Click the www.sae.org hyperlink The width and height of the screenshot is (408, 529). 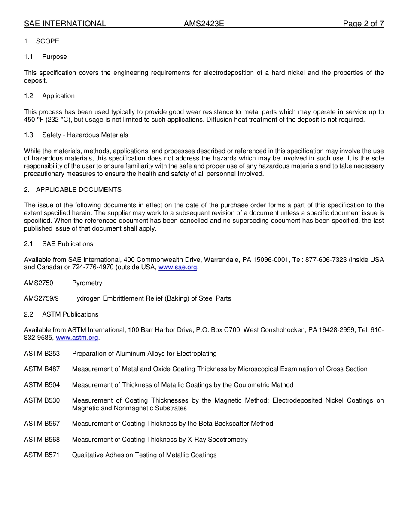click(177, 268)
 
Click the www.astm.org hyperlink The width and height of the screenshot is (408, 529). click(77, 338)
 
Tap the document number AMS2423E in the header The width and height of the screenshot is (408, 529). click(204, 24)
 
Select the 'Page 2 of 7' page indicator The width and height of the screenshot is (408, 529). click(363, 24)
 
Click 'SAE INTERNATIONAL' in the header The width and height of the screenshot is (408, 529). click(65, 24)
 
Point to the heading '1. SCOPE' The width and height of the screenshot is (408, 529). click(42, 41)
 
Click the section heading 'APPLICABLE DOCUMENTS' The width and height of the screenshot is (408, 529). click(79, 190)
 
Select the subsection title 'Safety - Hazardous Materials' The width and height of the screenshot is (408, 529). click(85, 135)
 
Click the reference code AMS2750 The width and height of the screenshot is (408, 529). click(39, 283)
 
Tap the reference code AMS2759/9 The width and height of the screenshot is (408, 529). click(41, 298)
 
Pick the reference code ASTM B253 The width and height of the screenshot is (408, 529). click(42, 354)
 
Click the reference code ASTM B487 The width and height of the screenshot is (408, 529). click(42, 369)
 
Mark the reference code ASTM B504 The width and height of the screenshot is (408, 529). click(42, 385)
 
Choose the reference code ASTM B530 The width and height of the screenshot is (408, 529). click(42, 400)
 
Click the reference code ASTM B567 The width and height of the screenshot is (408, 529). click(42, 424)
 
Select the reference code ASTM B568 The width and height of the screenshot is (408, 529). click(42, 440)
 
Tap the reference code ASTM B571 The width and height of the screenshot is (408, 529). click(42, 455)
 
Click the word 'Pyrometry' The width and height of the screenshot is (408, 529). click(87, 283)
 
